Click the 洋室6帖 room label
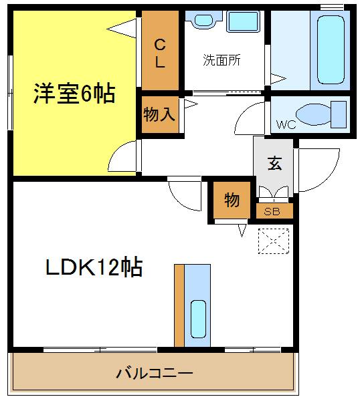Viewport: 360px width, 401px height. (74, 94)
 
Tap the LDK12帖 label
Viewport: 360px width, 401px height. (94, 267)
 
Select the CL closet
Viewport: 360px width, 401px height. (160, 50)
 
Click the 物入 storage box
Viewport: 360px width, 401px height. (160, 114)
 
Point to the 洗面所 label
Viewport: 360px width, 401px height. (221, 60)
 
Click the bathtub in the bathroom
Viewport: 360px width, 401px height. (331, 50)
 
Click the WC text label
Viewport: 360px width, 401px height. (286, 125)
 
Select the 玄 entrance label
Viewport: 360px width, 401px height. (275, 163)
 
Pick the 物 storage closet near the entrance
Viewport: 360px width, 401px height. (232, 200)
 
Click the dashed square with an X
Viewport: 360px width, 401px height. (274, 241)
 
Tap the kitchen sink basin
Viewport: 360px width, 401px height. (198, 319)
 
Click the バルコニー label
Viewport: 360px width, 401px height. (155, 374)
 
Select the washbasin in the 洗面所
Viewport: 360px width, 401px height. (204, 20)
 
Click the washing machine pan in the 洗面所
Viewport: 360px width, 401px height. (243, 21)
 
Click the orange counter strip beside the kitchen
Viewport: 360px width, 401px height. (179, 305)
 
